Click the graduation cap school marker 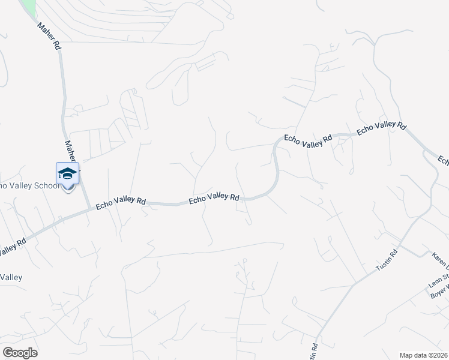(x=67, y=174)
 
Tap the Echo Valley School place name (x=30, y=186)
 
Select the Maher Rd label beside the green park (x=48, y=37)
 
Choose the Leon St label (x=439, y=277)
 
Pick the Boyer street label (x=439, y=287)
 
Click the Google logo (x=20, y=353)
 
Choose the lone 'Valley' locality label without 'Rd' (x=11, y=277)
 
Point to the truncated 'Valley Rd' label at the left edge (x=12, y=247)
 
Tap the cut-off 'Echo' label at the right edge (x=443, y=160)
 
